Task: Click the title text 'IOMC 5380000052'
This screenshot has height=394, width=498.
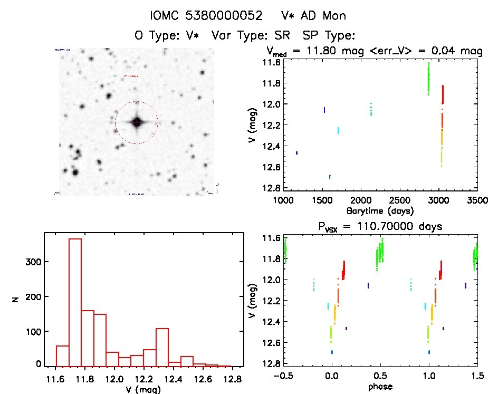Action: pyautogui.click(x=206, y=16)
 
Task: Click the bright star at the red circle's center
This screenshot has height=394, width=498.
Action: pyautogui.click(x=137, y=122)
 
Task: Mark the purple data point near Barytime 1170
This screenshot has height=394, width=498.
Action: pyautogui.click(x=297, y=153)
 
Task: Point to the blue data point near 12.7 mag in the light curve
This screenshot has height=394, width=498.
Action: pyautogui.click(x=330, y=176)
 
